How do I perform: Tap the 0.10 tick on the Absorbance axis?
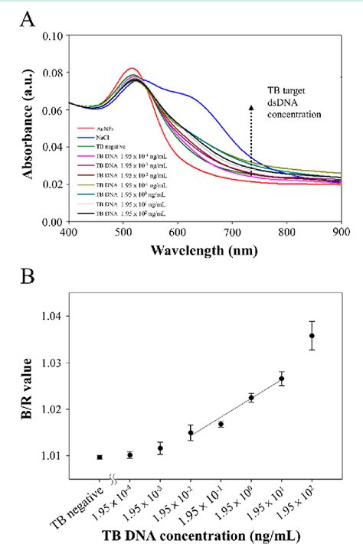point(51,36)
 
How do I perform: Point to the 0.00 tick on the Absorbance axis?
point(51,221)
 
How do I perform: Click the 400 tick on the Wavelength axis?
point(69,232)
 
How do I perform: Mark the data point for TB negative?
point(100,457)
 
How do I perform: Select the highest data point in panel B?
point(312,335)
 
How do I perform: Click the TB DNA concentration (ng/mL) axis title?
point(205,533)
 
